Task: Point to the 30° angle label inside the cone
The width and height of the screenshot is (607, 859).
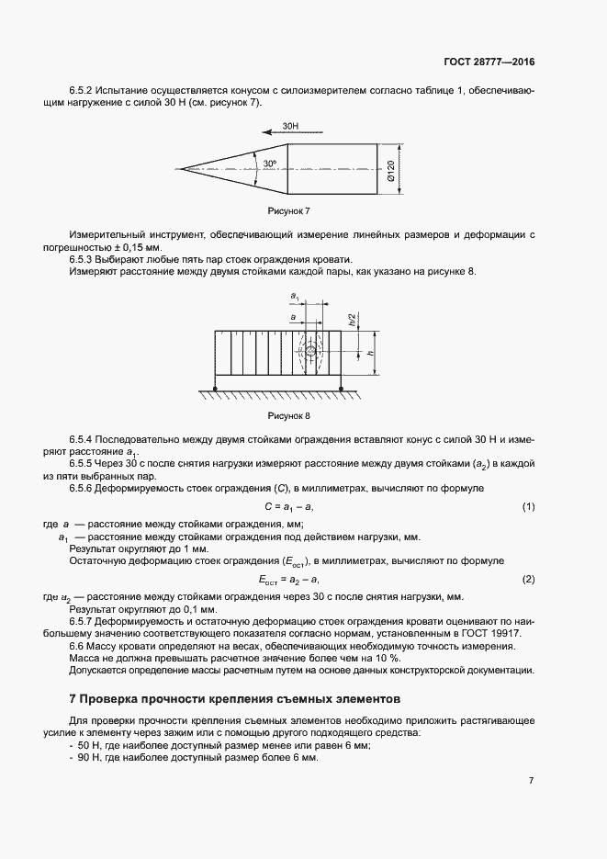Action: click(269, 164)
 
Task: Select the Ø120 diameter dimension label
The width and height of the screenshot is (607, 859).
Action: click(391, 169)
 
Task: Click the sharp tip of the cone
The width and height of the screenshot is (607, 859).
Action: click(182, 169)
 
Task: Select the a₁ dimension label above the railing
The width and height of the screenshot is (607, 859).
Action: click(295, 296)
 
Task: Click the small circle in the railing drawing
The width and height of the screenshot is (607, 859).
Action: click(310, 352)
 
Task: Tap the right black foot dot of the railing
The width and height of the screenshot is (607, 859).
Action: click(342, 390)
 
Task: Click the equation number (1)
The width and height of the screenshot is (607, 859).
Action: click(528, 507)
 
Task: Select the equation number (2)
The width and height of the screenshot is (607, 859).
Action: click(528, 580)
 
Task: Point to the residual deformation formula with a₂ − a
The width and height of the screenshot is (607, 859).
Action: click(289, 581)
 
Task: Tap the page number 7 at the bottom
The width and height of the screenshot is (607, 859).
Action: click(531, 780)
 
